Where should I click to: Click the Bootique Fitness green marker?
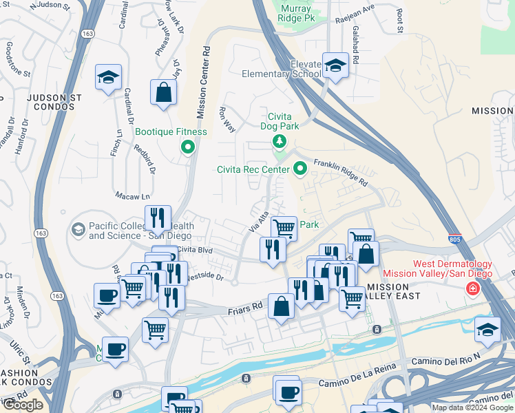(187, 147)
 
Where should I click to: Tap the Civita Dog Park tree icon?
(279, 142)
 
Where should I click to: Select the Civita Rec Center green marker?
(300, 168)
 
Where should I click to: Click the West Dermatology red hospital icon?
(472, 288)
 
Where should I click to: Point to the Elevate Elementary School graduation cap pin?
(335, 66)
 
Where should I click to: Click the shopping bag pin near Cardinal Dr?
(164, 93)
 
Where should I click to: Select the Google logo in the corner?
(23, 405)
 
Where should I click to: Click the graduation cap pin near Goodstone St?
(109, 78)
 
